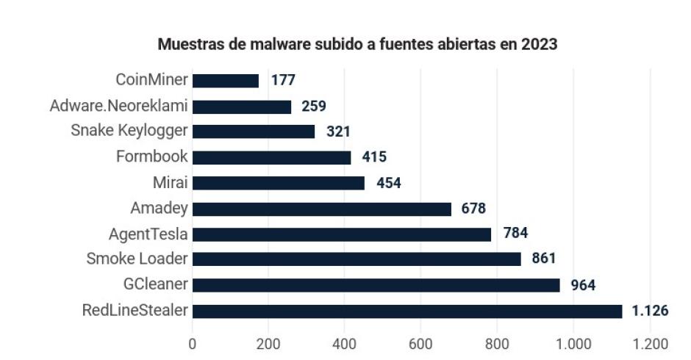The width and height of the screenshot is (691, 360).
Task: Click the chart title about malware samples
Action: pyautogui.click(x=357, y=44)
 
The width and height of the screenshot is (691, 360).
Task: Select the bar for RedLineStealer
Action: pyautogui.click(x=407, y=311)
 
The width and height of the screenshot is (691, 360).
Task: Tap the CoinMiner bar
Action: pyautogui.click(x=226, y=80)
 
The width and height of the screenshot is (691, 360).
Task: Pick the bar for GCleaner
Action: pyautogui.click(x=376, y=285)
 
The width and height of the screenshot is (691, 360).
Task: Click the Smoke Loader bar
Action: pyautogui.click(x=357, y=259)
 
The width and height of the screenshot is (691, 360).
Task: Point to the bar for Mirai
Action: pyautogui.click(x=278, y=183)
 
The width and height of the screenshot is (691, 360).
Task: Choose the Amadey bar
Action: pyautogui.click(x=321, y=209)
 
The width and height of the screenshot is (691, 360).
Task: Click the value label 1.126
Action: pyautogui.click(x=650, y=311)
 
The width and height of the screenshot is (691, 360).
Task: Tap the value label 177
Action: pyautogui.click(x=283, y=80)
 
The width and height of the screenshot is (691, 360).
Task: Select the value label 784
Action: pyautogui.click(x=515, y=234)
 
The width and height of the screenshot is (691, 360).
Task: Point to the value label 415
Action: pyautogui.click(x=374, y=156)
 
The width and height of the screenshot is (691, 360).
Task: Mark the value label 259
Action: pyautogui.click(x=313, y=106)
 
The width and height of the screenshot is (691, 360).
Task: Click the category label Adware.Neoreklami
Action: pyautogui.click(x=118, y=106)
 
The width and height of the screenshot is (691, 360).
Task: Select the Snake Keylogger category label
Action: pyautogui.click(x=129, y=131)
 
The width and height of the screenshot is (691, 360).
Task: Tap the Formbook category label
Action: pyautogui.click(x=152, y=156)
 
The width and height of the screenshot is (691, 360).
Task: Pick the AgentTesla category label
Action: pyautogui.click(x=148, y=234)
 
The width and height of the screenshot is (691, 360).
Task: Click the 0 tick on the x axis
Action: pyautogui.click(x=193, y=343)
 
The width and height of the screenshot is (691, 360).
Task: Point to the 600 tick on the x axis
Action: pyautogui.click(x=420, y=343)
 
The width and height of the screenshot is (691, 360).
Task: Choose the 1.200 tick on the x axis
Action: pyautogui.click(x=649, y=343)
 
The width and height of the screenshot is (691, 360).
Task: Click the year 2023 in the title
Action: pyautogui.click(x=540, y=44)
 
